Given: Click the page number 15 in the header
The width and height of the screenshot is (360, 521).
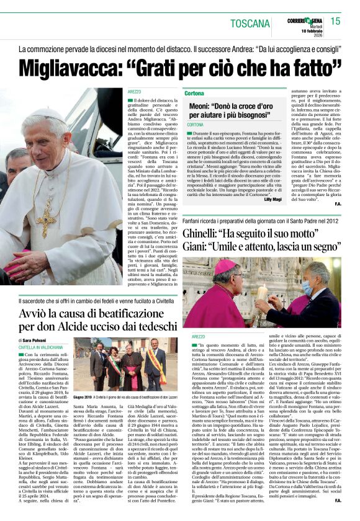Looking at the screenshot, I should click(335, 22).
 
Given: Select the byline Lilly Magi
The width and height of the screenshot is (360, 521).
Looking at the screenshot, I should click(272, 199).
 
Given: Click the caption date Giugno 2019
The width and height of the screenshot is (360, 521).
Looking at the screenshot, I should click(83, 395).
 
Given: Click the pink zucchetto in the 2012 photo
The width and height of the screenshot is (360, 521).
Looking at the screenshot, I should click(223, 266).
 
